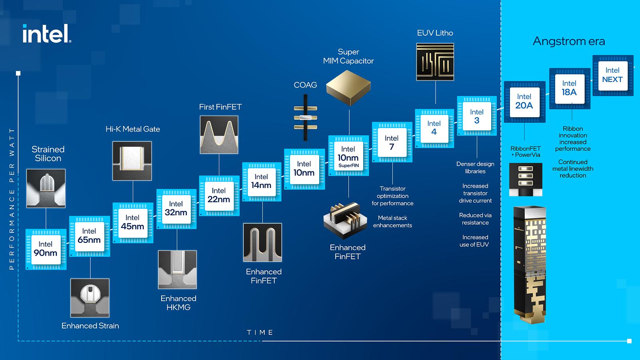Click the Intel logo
click(47, 34)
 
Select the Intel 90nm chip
click(46, 249)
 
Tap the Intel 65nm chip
click(89, 236)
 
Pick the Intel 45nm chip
click(132, 222)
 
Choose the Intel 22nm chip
click(219, 195)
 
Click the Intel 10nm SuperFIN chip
click(348, 156)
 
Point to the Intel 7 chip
click(392, 142)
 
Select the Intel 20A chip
click(524, 102)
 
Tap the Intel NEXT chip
click(612, 75)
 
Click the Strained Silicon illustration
click(46, 188)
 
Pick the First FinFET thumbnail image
click(219, 135)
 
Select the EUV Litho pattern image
click(435, 62)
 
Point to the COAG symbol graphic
click(306, 117)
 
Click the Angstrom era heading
click(568, 41)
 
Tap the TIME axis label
click(260, 332)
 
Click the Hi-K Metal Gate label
click(133, 129)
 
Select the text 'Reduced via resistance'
click(475, 219)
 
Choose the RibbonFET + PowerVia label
click(525, 152)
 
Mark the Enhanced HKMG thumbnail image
click(177, 270)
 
